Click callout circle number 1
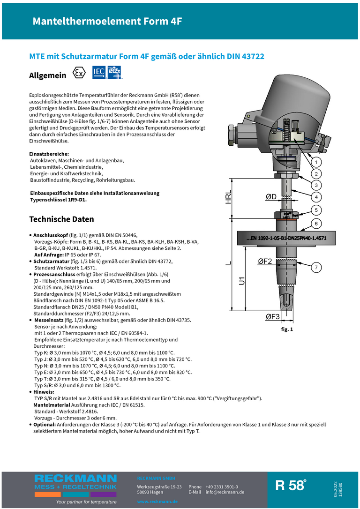click(316, 162)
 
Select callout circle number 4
click(316, 197)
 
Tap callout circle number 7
click(316, 268)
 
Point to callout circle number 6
click(316, 224)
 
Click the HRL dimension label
click(228, 197)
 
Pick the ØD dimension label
click(271, 197)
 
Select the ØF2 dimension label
click(265, 261)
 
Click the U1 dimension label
click(242, 281)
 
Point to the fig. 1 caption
click(286, 329)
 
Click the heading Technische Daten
click(61, 219)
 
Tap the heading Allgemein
click(47, 75)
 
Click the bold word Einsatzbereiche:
click(49, 154)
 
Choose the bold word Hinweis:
click(44, 392)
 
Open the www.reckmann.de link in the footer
click(157, 502)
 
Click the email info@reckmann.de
click(225, 492)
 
